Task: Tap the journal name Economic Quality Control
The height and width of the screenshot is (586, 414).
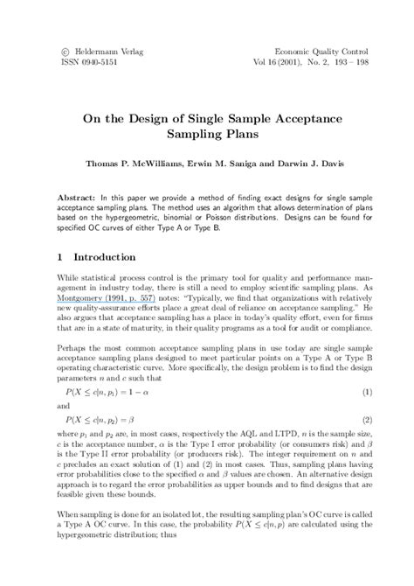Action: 328,52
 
